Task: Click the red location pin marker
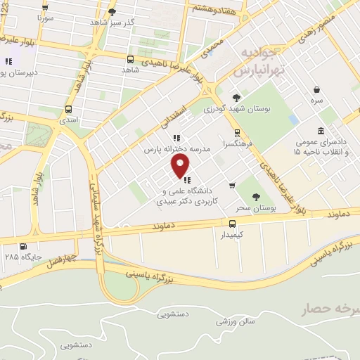pos(181,166)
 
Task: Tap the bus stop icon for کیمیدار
pos(232,224)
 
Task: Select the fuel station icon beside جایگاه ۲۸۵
pos(25,246)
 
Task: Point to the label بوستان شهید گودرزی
pos(236,109)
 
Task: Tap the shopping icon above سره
pos(319,90)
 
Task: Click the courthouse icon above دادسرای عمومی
pos(321,131)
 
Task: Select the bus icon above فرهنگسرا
pos(237,131)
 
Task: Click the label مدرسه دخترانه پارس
pos(178,150)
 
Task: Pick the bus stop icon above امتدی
pos(68,109)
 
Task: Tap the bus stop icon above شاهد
pos(130,59)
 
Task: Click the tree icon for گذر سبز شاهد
pos(112,12)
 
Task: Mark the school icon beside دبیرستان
pos(9,61)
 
